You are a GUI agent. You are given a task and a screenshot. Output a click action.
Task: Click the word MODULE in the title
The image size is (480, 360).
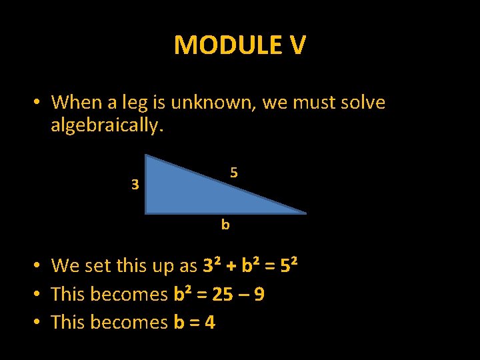[219, 45]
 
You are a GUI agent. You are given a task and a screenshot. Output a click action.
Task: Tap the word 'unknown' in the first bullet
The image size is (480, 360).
[213, 103]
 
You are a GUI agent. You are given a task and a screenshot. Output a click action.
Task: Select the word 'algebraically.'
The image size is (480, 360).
[107, 125]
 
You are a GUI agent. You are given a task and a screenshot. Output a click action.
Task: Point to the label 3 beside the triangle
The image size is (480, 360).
[135, 185]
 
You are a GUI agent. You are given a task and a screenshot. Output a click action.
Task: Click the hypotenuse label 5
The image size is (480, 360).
[234, 173]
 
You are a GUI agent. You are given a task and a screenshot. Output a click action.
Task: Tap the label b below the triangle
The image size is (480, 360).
[225, 225]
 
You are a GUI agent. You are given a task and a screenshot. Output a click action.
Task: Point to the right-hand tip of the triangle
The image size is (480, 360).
[305, 213]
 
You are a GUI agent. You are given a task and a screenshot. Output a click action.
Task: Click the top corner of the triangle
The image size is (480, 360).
[147, 156]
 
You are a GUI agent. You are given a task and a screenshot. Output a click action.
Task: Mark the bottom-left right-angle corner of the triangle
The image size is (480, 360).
[147, 213]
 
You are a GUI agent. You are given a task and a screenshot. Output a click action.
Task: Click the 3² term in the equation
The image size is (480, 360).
[211, 265]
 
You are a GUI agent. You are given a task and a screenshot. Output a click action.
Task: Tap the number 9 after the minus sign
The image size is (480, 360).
[259, 294]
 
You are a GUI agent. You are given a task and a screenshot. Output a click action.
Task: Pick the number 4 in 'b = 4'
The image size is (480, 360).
[209, 322]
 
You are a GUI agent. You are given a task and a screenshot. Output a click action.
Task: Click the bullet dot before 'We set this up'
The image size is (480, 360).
[39, 266]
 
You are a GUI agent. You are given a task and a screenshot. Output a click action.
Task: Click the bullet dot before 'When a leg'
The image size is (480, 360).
[39, 103]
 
